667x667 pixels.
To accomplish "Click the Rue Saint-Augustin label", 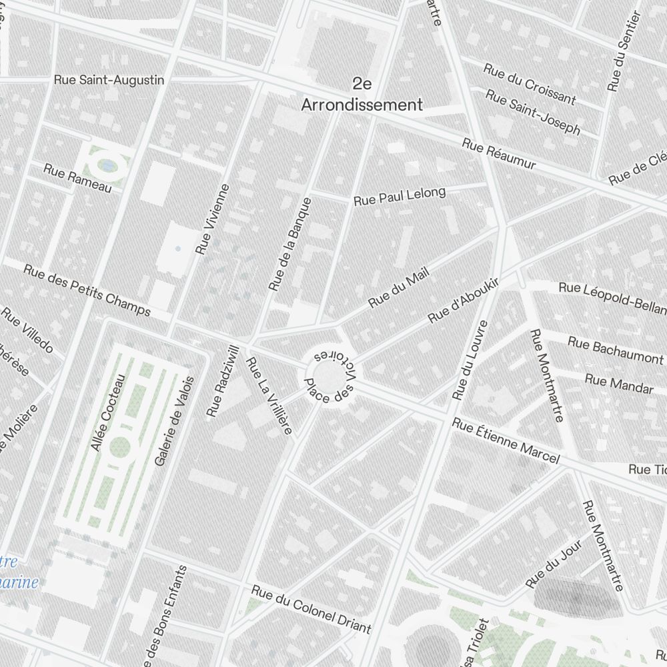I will (x=109, y=80).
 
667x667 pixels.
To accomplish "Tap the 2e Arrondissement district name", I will (x=362, y=95).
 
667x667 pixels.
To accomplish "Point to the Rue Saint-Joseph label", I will (x=532, y=113).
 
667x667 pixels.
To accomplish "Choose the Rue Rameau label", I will (x=77, y=177).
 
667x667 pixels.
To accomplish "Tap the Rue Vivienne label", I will (x=213, y=219).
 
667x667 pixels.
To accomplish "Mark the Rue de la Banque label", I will (x=290, y=243).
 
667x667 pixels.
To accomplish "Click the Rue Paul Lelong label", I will (x=399, y=196).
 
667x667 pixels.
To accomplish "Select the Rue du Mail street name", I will (x=398, y=287).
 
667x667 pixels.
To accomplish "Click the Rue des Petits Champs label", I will (x=87, y=291).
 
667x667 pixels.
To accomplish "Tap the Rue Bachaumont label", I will (x=615, y=350).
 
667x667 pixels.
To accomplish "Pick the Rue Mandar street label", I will (x=618, y=384).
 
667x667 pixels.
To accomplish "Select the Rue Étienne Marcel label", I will (x=505, y=441).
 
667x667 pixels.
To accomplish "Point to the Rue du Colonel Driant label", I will (x=311, y=608).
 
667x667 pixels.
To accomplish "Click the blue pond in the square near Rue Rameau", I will (x=107, y=163).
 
